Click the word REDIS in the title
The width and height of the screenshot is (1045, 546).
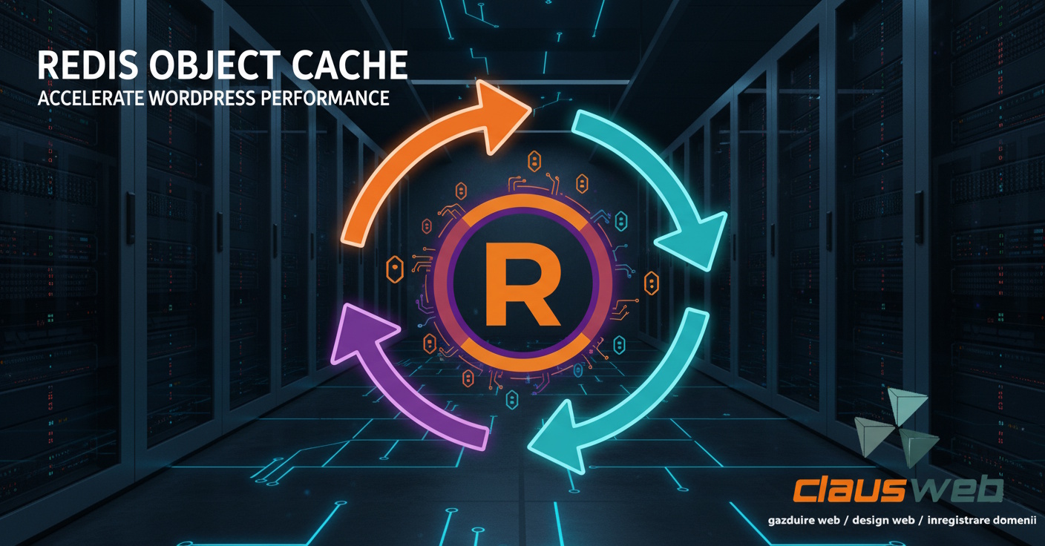point(88,66)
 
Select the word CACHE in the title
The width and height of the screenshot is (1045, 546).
point(349,66)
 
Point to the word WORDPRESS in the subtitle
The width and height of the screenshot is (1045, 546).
point(201,98)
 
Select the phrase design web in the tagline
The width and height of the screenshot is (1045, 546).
point(883,521)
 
